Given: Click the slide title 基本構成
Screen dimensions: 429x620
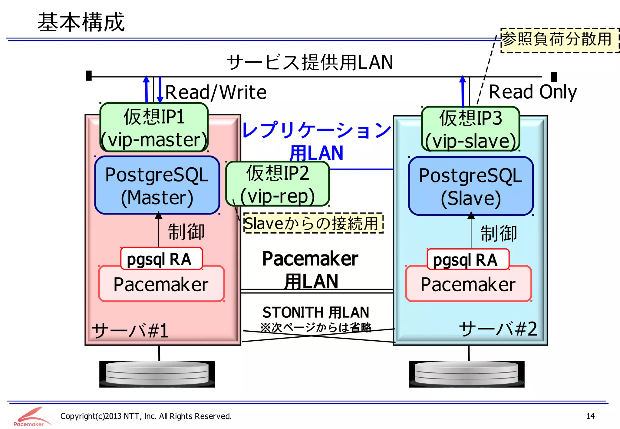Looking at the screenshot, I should click(x=81, y=22).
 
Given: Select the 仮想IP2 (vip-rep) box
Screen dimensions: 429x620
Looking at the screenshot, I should click(x=278, y=184).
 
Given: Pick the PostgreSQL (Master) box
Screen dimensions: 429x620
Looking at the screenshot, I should click(x=157, y=185).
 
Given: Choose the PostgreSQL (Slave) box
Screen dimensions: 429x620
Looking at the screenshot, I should click(x=470, y=186).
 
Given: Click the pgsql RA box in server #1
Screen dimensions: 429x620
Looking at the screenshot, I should click(x=161, y=258).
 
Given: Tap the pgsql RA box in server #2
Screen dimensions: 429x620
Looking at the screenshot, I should click(x=468, y=259).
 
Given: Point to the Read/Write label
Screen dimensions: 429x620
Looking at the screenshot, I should click(x=216, y=92).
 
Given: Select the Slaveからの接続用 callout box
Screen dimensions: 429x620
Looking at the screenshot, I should click(x=313, y=223).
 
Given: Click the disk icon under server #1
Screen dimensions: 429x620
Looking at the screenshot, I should click(x=157, y=374).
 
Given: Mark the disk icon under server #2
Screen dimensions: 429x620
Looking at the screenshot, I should click(x=467, y=374).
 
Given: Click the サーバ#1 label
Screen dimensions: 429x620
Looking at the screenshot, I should click(x=130, y=330).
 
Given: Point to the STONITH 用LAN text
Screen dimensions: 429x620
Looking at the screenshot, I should click(x=316, y=312).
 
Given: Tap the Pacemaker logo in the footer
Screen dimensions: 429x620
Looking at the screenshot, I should click(x=30, y=417).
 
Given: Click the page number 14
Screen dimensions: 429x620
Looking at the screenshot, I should click(x=590, y=416).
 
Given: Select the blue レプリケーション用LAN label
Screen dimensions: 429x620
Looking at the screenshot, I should click(x=316, y=141).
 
